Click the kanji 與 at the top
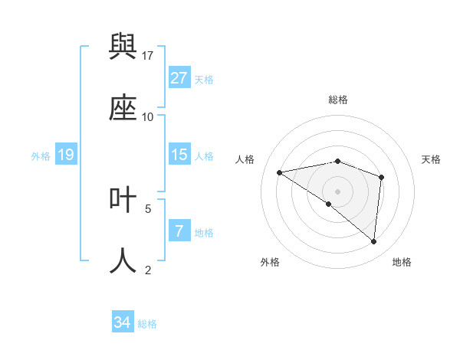tap(123, 49)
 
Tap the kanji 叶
tap(123, 201)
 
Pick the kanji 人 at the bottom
tap(123, 260)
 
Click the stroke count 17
tap(148, 55)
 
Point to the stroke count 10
tap(148, 116)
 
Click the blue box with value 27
tap(179, 78)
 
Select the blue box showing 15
tap(179, 155)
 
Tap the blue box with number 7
tap(179, 231)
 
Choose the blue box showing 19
tap(66, 155)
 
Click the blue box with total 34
tap(123, 322)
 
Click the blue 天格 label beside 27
tap(204, 79)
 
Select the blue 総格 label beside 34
tap(147, 323)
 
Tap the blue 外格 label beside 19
tap(41, 155)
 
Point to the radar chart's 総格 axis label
tap(338, 100)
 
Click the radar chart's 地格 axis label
tap(402, 263)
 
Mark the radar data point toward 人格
tap(280, 172)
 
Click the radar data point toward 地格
tap(374, 242)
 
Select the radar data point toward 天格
tap(381, 177)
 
